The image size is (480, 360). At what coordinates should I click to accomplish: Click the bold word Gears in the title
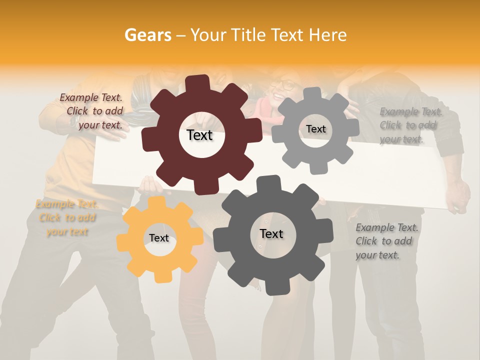click(147, 35)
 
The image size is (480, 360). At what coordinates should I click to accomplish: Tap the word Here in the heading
click(328, 35)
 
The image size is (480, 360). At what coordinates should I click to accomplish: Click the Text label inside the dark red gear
click(199, 135)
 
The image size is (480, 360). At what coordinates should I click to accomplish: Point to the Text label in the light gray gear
click(315, 129)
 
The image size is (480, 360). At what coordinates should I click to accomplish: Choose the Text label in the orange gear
click(159, 238)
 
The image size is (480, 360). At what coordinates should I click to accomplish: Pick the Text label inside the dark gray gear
click(271, 233)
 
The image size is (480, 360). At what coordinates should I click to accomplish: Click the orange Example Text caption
click(67, 218)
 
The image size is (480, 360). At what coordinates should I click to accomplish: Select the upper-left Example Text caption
click(93, 111)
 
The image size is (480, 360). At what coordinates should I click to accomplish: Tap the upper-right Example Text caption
click(409, 125)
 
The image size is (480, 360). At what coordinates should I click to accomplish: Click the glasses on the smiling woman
click(285, 85)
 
